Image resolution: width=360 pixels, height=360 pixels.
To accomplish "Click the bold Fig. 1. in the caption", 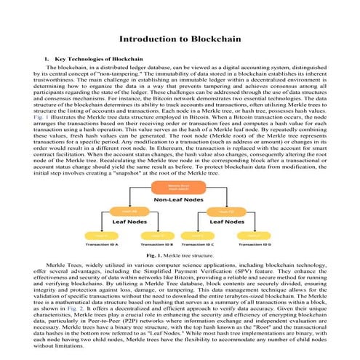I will pos(155,257).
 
